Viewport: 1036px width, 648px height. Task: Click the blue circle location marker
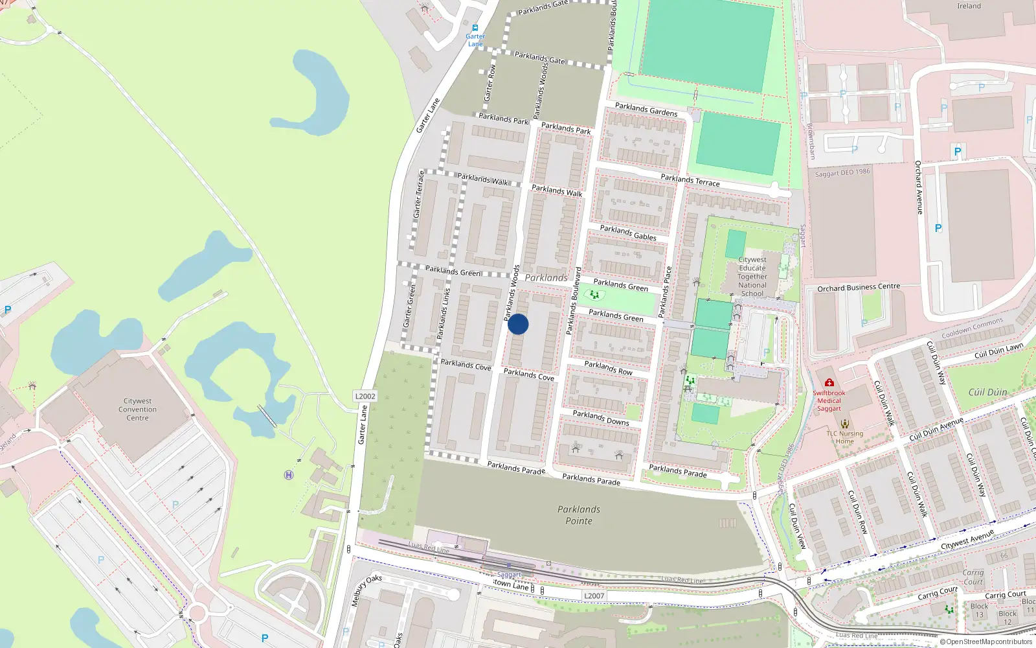point(518,324)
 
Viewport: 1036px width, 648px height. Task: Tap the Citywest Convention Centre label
point(137,410)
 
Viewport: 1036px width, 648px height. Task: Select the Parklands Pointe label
point(578,515)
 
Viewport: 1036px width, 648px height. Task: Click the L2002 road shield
point(365,396)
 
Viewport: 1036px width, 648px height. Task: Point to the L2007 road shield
point(594,596)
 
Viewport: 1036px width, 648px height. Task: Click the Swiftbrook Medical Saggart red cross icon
point(829,383)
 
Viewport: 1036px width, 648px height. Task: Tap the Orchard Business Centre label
point(859,287)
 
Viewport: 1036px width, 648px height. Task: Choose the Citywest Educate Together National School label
point(752,277)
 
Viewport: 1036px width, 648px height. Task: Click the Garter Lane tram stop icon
point(475,28)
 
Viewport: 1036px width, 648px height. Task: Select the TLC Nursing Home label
point(844,437)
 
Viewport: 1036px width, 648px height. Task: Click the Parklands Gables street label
point(627,233)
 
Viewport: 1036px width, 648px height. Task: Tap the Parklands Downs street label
point(600,417)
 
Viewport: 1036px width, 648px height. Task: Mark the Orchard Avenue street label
point(918,188)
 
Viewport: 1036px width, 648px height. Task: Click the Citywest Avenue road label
point(967,540)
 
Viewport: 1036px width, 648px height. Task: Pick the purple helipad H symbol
point(289,475)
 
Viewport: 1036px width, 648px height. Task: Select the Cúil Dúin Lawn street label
point(998,351)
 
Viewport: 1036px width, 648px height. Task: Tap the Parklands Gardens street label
point(646,109)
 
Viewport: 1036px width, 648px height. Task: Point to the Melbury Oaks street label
point(366,590)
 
